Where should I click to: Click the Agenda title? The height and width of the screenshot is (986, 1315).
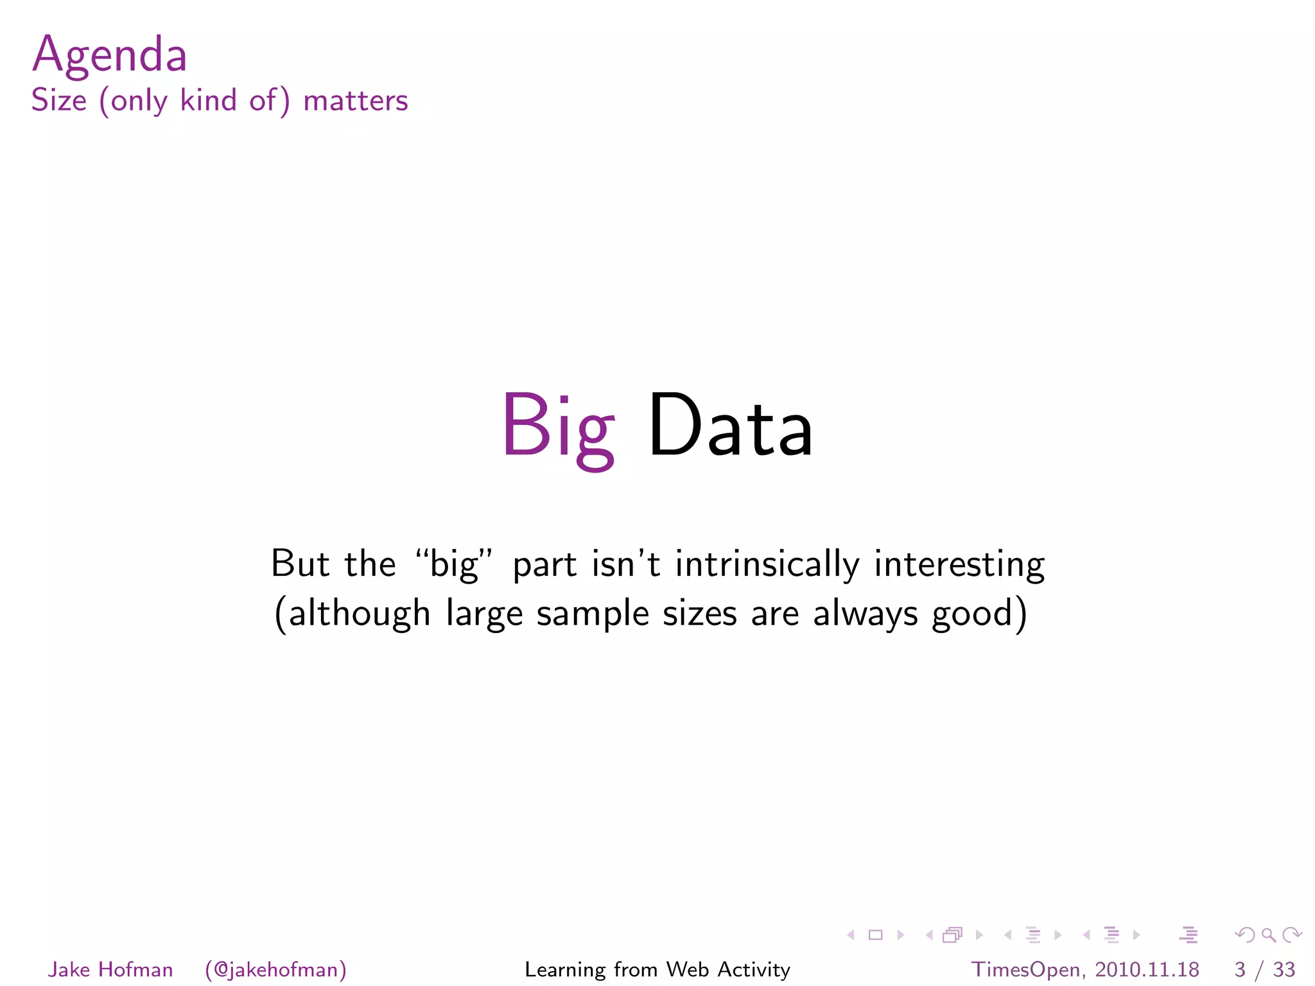tap(109, 55)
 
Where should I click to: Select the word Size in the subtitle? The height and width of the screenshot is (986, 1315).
tap(58, 101)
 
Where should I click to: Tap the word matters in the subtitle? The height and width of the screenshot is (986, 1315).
tap(355, 101)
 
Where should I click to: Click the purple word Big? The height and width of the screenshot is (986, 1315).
tap(557, 427)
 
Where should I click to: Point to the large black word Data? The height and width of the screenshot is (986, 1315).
tap(730, 427)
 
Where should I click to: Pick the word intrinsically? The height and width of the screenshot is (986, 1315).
tap(767, 564)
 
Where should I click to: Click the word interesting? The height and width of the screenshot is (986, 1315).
tap(959, 564)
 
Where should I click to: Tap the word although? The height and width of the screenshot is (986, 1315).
tap(359, 614)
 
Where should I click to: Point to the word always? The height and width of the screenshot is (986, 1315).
tap(866, 614)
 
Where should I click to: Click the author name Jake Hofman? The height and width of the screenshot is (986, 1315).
tap(110, 969)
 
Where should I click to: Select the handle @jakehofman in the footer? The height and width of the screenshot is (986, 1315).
tap(276, 969)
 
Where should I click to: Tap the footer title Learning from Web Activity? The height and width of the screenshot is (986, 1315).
tap(657, 969)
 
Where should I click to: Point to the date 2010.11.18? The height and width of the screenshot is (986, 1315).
tap(1147, 969)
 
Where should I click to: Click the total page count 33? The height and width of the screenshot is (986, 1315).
tap(1284, 969)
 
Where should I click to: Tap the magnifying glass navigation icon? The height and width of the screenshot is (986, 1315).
tap(1268, 935)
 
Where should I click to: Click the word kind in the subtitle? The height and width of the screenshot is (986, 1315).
tap(208, 101)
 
